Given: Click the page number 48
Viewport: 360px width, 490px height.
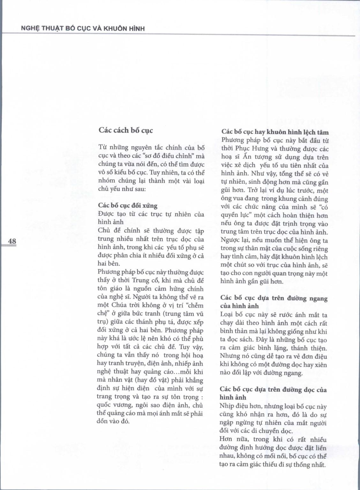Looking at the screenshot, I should (12, 241).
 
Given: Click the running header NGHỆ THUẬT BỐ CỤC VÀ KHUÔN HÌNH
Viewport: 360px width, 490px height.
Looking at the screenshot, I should (83, 28).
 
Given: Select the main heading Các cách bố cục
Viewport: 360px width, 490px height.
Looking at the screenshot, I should (125, 130).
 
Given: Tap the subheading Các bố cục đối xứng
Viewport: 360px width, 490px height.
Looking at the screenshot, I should (127, 206).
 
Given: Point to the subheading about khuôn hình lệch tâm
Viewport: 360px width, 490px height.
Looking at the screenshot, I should (275, 132).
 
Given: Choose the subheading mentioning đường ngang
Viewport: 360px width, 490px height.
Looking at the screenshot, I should (274, 302).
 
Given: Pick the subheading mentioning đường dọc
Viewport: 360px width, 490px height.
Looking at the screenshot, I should (273, 393).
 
